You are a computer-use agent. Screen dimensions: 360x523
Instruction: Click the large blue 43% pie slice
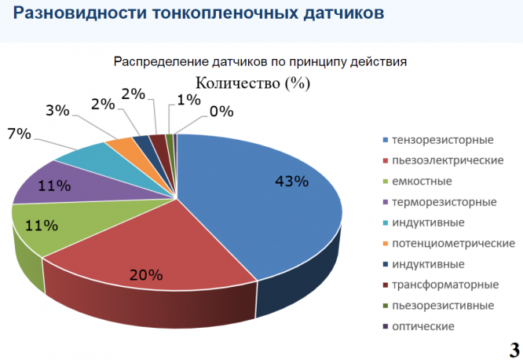pyautogui.click(x=267, y=204)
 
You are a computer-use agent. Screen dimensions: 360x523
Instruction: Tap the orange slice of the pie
pyautogui.click(x=122, y=145)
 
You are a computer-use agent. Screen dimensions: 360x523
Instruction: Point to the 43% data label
pyautogui.click(x=291, y=181)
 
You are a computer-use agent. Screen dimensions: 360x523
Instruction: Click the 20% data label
pyautogui.click(x=146, y=275)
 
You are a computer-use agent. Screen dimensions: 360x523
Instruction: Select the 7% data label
pyautogui.click(x=18, y=134)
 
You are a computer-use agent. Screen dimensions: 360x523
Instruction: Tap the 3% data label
pyautogui.click(x=57, y=110)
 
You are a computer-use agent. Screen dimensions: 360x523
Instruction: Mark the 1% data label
pyautogui.click(x=188, y=99)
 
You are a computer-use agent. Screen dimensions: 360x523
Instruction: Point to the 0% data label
pyautogui.click(x=221, y=112)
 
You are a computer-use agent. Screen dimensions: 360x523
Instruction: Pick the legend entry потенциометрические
pyautogui.click(x=452, y=244)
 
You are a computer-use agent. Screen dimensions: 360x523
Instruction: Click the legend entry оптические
pyautogui.click(x=423, y=326)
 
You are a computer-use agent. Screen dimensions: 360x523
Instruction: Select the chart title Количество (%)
pyautogui.click(x=252, y=83)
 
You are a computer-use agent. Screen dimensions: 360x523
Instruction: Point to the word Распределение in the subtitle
pyautogui.click(x=161, y=61)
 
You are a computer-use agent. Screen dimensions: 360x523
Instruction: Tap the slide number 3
pyautogui.click(x=511, y=347)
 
